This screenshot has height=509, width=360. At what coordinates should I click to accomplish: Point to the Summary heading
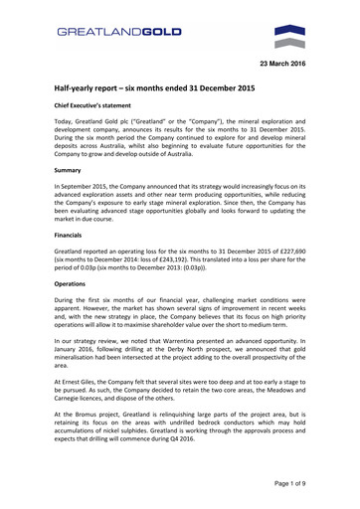point(71,170)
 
